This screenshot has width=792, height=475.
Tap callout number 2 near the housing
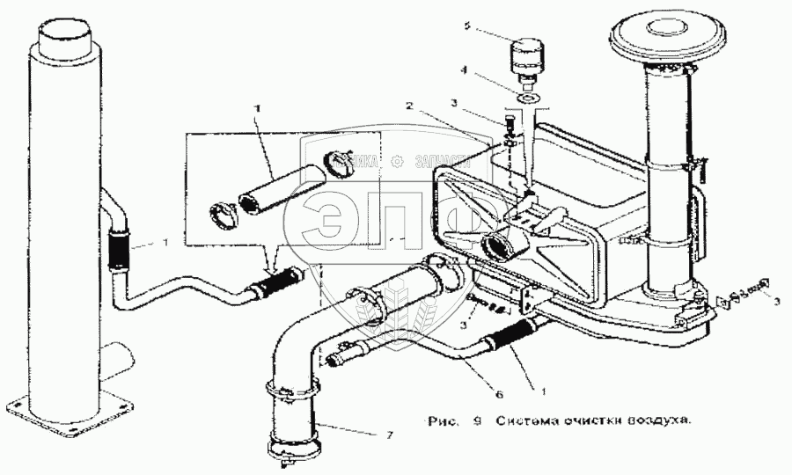pos(409,105)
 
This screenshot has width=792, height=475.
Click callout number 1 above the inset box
pos(257,107)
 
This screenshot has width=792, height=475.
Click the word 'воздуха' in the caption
pos(661,420)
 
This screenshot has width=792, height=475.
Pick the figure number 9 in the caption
pos(476,420)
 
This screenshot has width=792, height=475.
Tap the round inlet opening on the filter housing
pos(498,248)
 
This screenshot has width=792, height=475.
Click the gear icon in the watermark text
pos(397,161)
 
